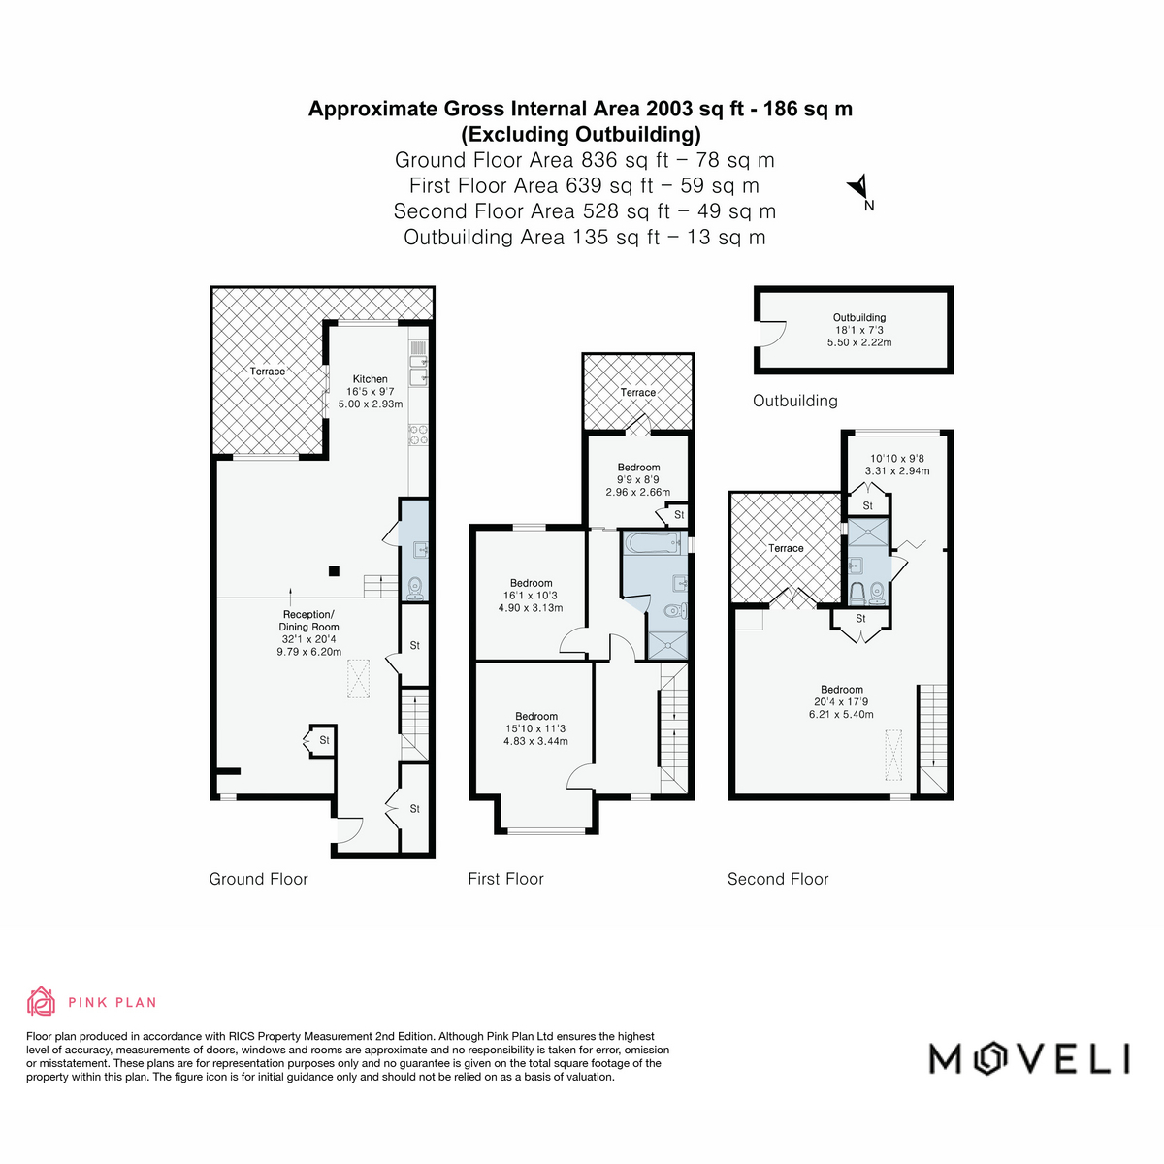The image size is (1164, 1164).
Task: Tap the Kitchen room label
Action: [370, 379]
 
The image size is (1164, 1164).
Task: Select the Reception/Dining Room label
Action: [308, 621]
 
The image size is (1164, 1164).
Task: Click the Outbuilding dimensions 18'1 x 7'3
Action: [859, 330]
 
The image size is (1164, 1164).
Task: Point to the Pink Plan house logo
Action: [41, 1001]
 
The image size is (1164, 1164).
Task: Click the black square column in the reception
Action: [334, 570]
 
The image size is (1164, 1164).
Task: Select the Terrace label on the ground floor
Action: [268, 371]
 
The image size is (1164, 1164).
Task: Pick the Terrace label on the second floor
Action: [786, 548]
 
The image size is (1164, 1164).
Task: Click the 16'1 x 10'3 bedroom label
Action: [531, 596]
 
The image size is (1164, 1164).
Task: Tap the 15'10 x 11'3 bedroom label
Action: [535, 728]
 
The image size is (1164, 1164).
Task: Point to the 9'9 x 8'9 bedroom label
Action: [638, 479]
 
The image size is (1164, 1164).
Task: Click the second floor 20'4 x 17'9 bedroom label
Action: [841, 702]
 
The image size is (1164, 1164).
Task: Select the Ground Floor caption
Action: [259, 879]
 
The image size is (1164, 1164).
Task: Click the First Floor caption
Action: [505, 879]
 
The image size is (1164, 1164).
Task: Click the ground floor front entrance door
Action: [349, 830]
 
